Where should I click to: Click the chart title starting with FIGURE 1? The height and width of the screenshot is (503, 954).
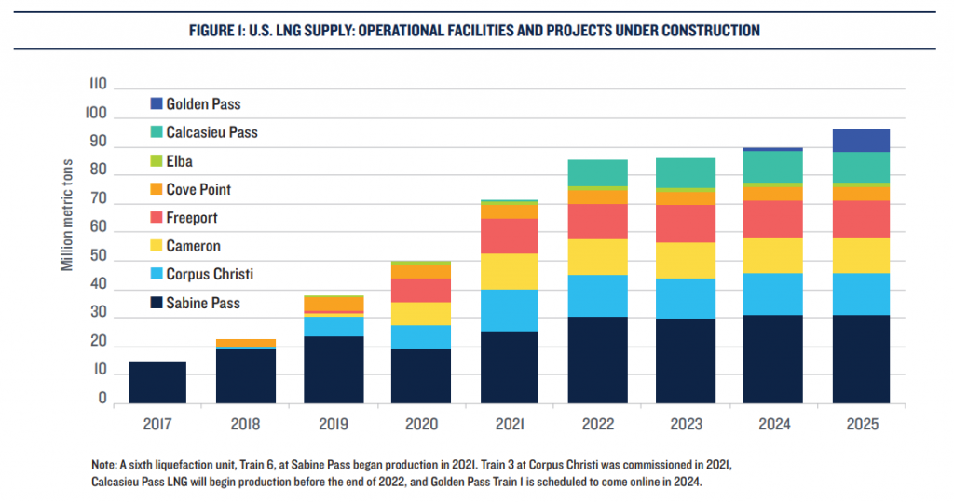477,31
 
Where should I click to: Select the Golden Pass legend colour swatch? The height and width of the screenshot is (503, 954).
155,104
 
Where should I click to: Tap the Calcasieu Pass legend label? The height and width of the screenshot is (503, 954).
211,132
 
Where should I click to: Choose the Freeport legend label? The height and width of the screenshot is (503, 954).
193,218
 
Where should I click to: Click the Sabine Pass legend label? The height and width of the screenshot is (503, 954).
202,303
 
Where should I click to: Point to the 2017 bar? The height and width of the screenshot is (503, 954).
157,382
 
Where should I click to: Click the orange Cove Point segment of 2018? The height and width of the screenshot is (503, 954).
246,344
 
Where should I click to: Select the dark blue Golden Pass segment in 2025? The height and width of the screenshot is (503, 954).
860,140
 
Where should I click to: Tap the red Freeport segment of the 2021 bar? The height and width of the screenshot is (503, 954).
509,236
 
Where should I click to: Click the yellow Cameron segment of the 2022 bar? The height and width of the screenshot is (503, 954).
597,257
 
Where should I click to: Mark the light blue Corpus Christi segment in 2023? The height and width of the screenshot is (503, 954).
685,298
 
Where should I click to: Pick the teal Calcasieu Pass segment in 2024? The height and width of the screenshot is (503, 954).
772,166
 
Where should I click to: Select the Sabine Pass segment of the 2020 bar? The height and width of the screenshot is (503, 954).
421,375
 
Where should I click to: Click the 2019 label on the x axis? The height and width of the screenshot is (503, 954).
334,425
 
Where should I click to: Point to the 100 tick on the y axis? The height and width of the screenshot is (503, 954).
98,118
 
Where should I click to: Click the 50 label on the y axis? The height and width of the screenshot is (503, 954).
98,261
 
